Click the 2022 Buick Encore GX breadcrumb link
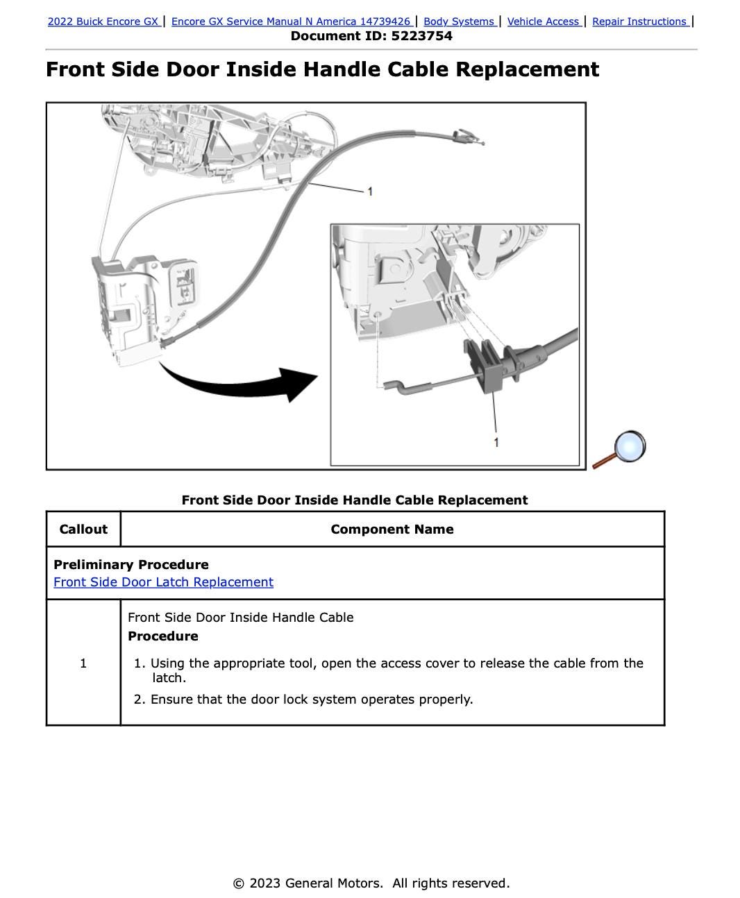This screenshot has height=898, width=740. point(103,22)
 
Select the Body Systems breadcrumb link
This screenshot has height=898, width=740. point(459,22)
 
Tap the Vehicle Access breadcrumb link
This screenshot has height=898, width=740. point(544,22)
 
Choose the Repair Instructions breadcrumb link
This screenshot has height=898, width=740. point(639,22)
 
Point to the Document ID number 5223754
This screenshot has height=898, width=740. point(421,36)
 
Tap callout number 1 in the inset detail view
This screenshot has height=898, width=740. point(496,442)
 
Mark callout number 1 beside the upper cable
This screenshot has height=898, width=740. point(370,191)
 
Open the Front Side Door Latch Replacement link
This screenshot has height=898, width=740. point(163,582)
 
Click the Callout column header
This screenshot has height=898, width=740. point(83,530)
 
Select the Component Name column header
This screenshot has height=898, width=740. point(392,530)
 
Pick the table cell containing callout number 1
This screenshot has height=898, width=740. point(83,663)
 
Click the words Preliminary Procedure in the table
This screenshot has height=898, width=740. point(131,565)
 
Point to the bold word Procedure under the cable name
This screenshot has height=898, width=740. point(163,636)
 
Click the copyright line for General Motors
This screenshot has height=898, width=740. point(371,883)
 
